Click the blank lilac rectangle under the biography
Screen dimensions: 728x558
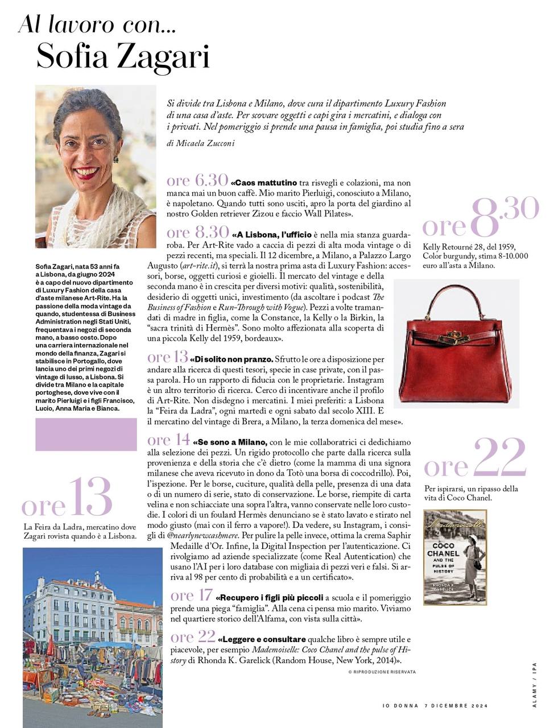86,434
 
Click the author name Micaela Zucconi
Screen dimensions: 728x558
200,144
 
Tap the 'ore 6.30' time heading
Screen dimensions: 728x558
197,181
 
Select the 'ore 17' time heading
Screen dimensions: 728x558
191,595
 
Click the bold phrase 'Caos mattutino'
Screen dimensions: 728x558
265,183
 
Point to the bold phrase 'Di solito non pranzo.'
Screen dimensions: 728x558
233,359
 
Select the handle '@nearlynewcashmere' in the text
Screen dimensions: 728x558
203,535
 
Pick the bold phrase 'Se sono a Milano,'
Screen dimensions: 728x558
230,442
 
